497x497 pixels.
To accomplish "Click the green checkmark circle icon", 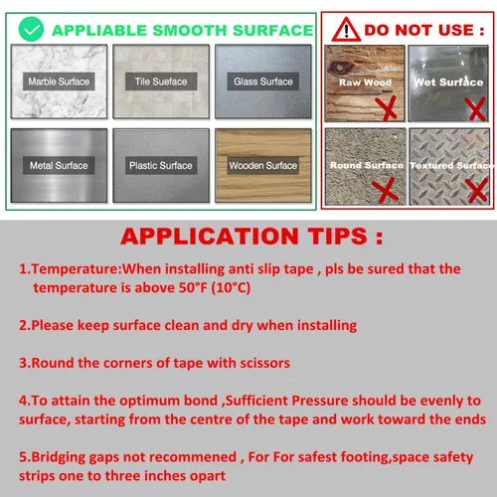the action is (31, 29).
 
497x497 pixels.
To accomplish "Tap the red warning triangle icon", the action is (346, 30).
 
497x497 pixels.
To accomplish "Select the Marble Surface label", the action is (59, 82).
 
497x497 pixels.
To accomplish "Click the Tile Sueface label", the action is (161, 82).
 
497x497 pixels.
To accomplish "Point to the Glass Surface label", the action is (263, 82).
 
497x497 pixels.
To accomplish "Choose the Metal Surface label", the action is (59, 165).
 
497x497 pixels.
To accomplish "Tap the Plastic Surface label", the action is (161, 165).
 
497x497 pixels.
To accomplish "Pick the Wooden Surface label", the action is (263, 165).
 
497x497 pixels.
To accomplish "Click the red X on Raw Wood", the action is (387, 107).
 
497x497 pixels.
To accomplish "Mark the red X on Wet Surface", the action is (476, 108).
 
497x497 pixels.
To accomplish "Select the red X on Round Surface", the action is (385, 190).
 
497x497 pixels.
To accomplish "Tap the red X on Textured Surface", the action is (477, 190).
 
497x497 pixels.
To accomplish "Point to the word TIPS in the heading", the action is (337, 237).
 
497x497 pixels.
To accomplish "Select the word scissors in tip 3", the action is (265, 363).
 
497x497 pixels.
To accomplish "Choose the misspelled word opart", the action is (208, 476).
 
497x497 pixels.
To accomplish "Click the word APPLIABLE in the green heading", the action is (99, 31).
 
